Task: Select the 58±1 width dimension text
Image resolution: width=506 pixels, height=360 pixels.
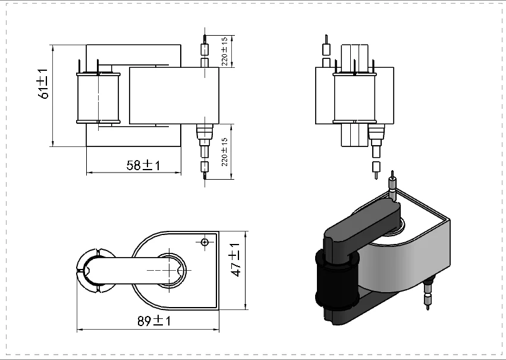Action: click(x=143, y=165)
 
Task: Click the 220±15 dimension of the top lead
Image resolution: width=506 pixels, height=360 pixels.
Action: click(x=225, y=51)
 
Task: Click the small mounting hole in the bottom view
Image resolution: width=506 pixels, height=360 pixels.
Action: click(x=205, y=242)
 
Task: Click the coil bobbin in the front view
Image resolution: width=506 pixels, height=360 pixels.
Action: click(x=98, y=99)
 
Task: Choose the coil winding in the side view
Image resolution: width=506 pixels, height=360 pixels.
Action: click(x=355, y=99)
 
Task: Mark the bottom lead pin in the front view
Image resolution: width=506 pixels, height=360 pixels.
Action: click(x=205, y=169)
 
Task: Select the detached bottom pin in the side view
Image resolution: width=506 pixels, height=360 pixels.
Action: click(x=376, y=169)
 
